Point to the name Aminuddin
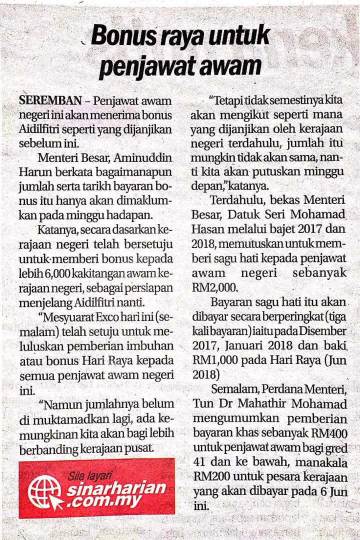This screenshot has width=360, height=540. [x=143, y=158]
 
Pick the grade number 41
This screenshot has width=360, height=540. [x=199, y=460]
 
